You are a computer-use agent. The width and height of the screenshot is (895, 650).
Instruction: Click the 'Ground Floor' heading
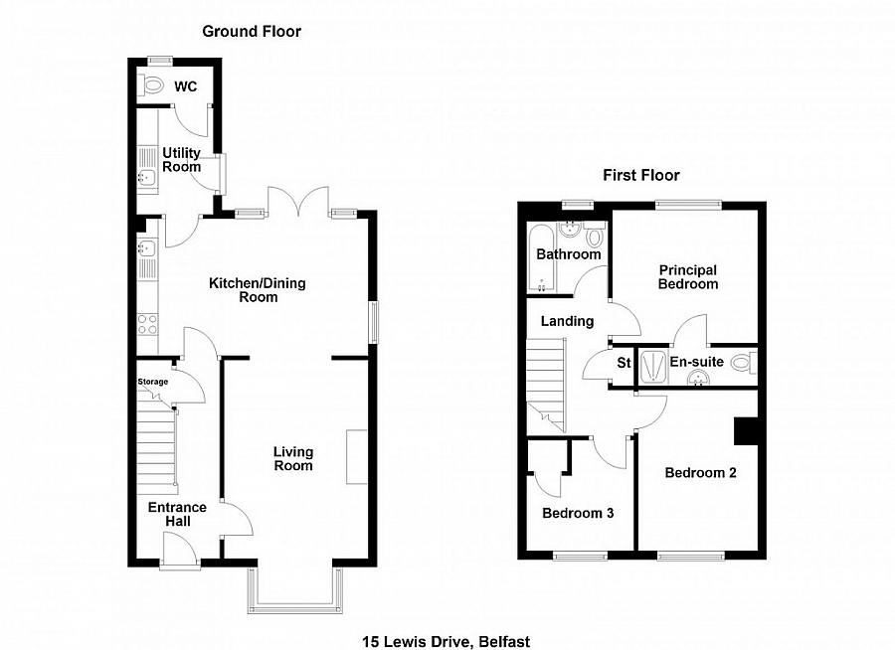pyautogui.click(x=252, y=32)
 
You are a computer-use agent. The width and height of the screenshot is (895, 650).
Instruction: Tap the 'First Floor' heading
pyautogui.click(x=641, y=176)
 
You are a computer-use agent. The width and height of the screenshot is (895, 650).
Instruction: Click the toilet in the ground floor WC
pyautogui.click(x=152, y=87)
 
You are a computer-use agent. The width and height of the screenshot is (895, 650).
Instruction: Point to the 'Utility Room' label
pyautogui.click(x=182, y=160)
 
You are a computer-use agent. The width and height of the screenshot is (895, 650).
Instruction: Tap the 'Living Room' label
pyautogui.click(x=293, y=459)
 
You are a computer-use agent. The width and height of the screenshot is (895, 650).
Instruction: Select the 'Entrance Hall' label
pyautogui.click(x=177, y=515)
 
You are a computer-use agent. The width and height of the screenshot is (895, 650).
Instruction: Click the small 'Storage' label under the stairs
pyautogui.click(x=152, y=382)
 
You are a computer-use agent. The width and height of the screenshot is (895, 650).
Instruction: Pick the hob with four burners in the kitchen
pyautogui.click(x=145, y=323)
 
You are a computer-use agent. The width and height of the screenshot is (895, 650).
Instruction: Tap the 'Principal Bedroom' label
pyautogui.click(x=687, y=277)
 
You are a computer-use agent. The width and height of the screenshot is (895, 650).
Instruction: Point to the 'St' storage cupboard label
pyautogui.click(x=624, y=363)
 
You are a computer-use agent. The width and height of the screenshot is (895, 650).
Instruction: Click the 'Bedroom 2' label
pyautogui.click(x=700, y=473)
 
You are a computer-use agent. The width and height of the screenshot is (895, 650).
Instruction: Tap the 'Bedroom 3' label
pyautogui.click(x=577, y=514)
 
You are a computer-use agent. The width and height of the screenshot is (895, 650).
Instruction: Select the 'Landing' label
pyautogui.click(x=567, y=321)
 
